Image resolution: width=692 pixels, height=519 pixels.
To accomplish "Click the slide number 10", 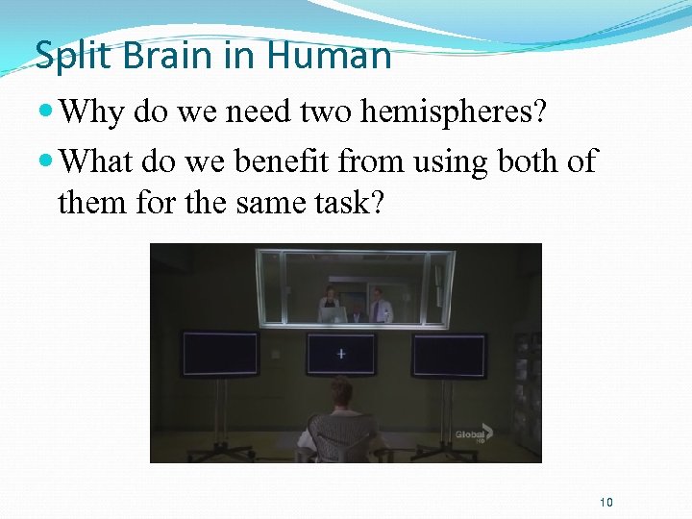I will tap(605, 503).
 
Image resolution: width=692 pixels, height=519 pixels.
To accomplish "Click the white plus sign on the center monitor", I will tap(340, 354).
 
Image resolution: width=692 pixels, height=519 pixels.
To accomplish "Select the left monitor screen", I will tap(220, 355).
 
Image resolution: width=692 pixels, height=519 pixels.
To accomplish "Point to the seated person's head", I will tap(340, 392).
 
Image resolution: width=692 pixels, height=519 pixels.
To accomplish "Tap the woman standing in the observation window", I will tap(331, 303).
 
